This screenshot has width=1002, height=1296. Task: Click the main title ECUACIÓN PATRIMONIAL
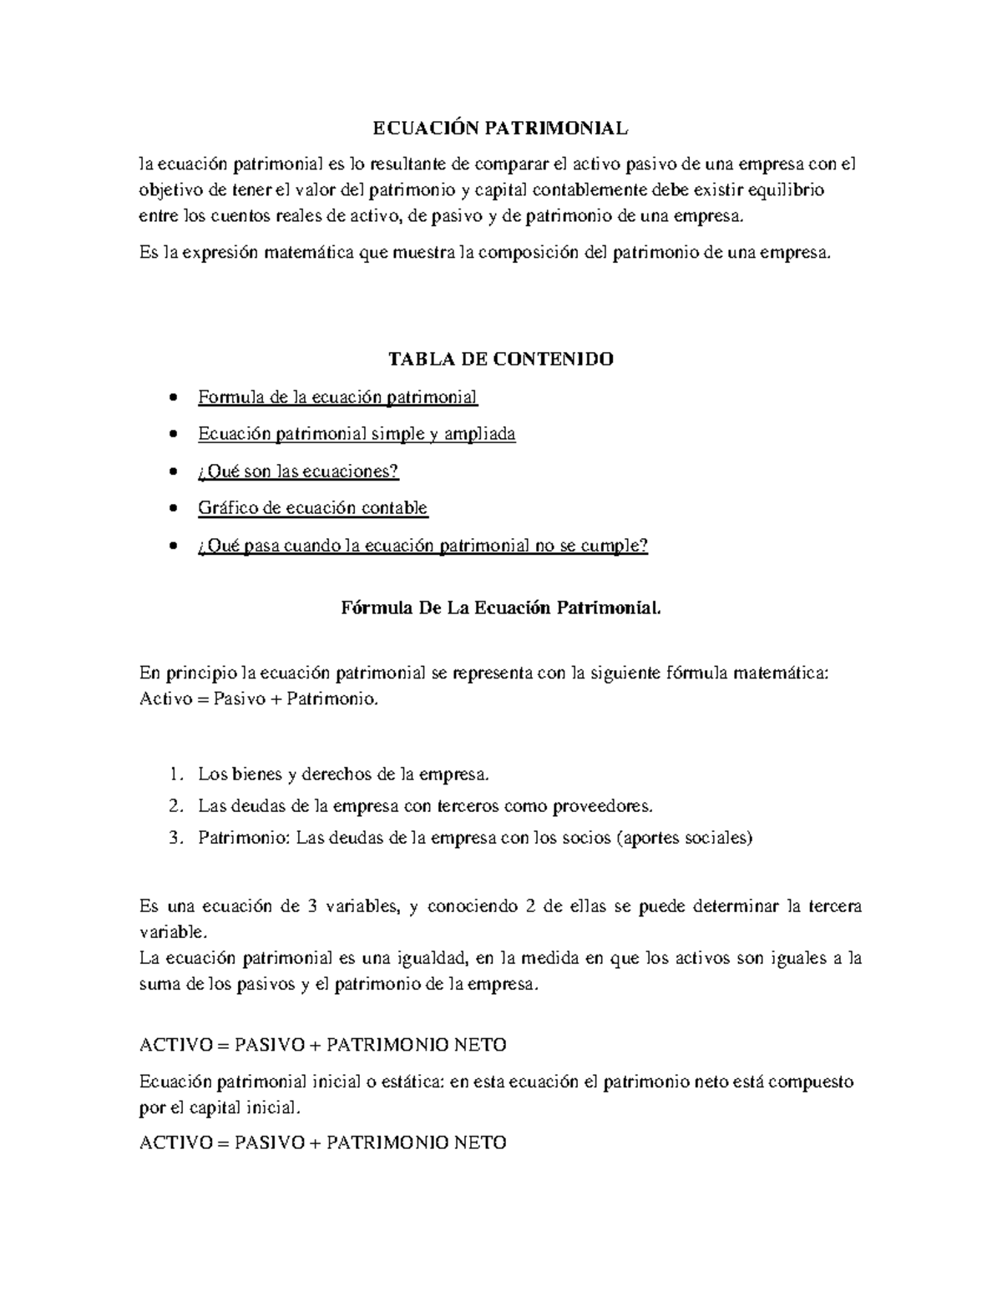[x=500, y=128]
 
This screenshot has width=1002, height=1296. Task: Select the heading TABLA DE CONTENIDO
[x=501, y=359]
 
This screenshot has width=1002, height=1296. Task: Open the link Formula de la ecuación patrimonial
[x=337, y=397]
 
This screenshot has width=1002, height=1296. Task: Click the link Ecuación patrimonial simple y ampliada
[x=357, y=434]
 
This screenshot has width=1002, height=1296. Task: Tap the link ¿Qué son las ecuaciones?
[x=298, y=472]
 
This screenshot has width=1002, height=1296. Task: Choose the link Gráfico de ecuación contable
[x=312, y=508]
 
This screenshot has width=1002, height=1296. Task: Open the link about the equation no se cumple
[x=423, y=546]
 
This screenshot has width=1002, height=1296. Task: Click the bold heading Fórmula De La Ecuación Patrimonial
[x=501, y=608]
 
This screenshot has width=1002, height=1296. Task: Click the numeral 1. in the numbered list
[x=175, y=774]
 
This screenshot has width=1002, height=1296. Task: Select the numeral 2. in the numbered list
[x=175, y=806]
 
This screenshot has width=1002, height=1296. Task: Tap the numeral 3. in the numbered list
[x=175, y=838]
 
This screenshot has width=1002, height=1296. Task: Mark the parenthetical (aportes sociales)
[x=683, y=838]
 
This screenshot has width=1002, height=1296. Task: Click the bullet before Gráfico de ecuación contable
[x=173, y=509]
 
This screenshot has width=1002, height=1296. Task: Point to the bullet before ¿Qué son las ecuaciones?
[x=173, y=472]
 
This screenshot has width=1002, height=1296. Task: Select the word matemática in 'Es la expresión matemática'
[x=311, y=253]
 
